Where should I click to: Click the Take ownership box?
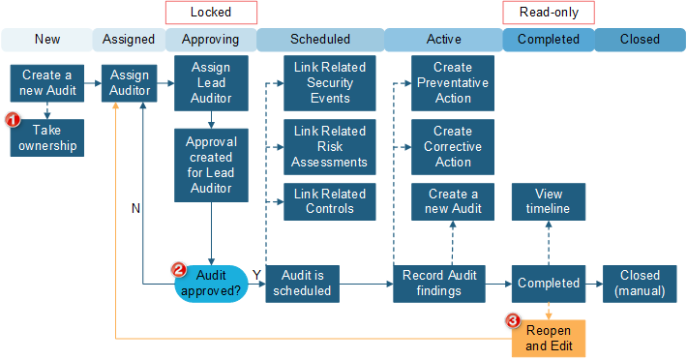tap(46, 137)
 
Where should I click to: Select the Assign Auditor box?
tap(130, 82)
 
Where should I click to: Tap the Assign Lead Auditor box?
tap(211, 83)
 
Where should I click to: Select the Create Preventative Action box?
tap(452, 83)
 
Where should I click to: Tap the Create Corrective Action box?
tap(452, 146)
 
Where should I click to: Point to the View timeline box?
tap(549, 201)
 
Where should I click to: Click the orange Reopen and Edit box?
tap(549, 339)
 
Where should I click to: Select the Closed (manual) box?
tap(640, 283)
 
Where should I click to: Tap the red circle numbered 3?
tap(514, 320)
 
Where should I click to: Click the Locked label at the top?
tap(211, 12)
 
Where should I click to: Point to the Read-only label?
tap(548, 12)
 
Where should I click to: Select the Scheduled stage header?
tap(320, 40)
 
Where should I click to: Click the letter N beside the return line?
tap(134, 206)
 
